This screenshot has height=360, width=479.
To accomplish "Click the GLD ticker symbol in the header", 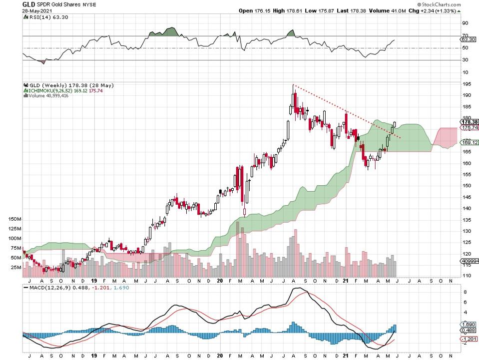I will (x=28, y=4).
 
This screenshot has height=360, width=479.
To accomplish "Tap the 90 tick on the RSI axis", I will (x=465, y=23).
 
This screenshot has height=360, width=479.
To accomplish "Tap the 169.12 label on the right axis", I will (x=469, y=142).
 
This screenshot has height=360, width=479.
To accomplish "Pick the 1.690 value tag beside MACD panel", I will (x=469, y=324).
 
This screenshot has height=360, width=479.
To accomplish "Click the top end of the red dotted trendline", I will (x=294, y=85).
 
